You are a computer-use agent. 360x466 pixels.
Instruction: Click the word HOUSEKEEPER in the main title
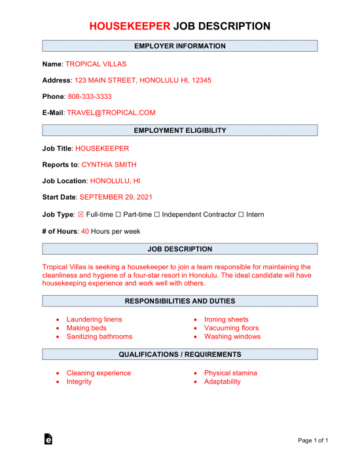click(130, 26)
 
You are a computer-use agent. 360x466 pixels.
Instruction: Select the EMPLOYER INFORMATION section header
click(180, 46)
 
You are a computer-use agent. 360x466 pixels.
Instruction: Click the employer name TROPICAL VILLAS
click(96, 64)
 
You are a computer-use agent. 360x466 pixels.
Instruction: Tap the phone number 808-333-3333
click(90, 96)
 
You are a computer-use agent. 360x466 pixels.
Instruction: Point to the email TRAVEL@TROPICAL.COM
click(111, 113)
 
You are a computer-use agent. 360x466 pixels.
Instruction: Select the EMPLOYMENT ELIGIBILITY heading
click(180, 130)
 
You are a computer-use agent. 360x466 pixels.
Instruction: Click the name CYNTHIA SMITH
click(109, 165)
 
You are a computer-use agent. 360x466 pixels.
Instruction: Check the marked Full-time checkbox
click(81, 215)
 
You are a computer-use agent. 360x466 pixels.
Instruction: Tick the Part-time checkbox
click(118, 215)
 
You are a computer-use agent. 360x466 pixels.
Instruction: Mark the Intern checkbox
click(242, 215)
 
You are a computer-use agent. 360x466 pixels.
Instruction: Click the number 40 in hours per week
click(84, 231)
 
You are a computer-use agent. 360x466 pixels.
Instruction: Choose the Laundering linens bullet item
click(94, 319)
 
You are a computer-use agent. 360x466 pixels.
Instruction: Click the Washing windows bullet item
click(232, 336)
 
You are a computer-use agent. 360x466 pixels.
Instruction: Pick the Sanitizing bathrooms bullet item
click(99, 336)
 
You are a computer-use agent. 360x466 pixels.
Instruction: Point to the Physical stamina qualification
click(230, 373)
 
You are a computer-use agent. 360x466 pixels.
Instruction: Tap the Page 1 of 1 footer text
click(313, 440)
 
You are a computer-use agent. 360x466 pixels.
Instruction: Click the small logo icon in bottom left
click(48, 440)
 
